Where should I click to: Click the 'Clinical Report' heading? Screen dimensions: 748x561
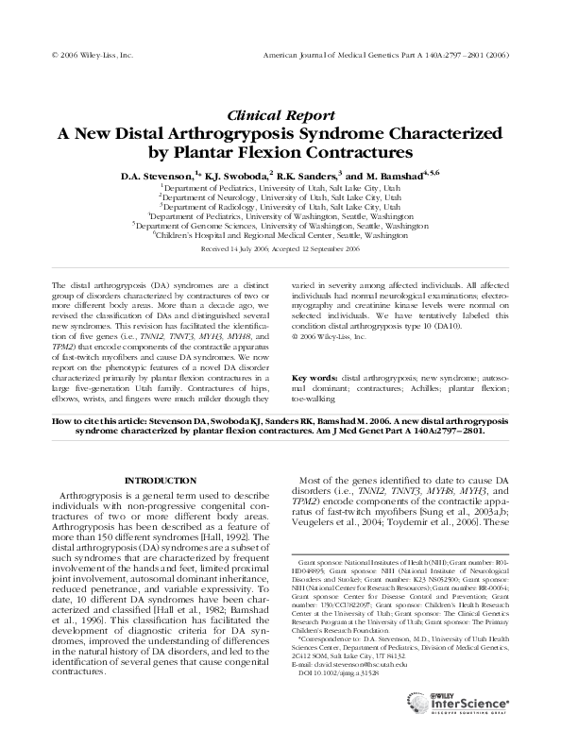pos(280,113)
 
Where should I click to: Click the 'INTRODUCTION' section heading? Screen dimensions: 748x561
pos(157,481)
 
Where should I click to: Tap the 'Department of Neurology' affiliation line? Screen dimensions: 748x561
pos(280,197)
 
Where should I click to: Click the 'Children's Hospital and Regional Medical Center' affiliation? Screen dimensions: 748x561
pos(280,236)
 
